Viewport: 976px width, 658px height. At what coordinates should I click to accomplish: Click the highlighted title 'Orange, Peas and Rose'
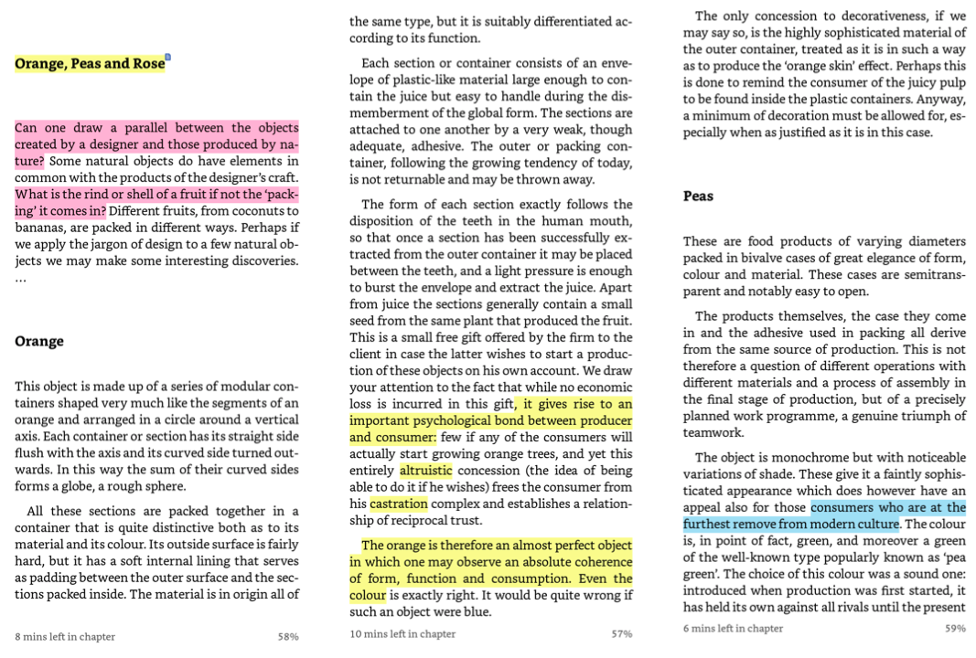click(90, 64)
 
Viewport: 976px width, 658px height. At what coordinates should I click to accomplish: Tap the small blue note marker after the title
click(168, 58)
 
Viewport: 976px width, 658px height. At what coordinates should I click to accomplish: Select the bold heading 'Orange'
click(39, 341)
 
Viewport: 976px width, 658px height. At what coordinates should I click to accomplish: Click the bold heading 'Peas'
click(699, 196)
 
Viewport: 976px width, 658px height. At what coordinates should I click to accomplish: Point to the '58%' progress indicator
click(288, 636)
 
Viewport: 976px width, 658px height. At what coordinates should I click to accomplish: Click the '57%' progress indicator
click(622, 633)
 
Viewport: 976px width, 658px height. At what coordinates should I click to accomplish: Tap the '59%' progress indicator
click(954, 628)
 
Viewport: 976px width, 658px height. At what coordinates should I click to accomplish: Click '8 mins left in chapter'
click(64, 636)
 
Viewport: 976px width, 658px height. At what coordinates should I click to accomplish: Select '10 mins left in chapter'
click(402, 633)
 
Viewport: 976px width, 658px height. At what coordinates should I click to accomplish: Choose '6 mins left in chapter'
click(733, 628)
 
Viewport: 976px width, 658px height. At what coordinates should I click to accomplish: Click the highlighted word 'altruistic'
click(426, 470)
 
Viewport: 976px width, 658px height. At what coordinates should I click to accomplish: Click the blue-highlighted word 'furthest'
click(714, 524)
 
